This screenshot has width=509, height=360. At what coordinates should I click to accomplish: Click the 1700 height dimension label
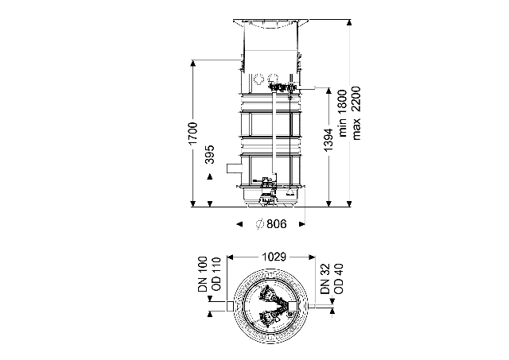pyautogui.click(x=192, y=134)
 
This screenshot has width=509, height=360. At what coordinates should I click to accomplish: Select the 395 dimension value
pyautogui.click(x=210, y=154)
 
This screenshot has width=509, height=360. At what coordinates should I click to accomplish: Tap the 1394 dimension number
pyautogui.click(x=328, y=140)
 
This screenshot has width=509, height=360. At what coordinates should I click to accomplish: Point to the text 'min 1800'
pyautogui.click(x=343, y=113)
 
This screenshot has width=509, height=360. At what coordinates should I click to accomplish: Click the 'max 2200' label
pyautogui.click(x=356, y=113)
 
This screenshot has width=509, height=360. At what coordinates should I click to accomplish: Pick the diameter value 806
pyautogui.click(x=277, y=224)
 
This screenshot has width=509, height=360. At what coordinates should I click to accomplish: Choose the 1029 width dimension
pyautogui.click(x=274, y=257)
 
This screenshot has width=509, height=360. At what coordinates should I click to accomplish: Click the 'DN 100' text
pyautogui.click(x=203, y=274)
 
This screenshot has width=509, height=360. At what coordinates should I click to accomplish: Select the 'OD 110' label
pyautogui.click(x=216, y=274)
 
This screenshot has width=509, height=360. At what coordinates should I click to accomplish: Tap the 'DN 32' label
pyautogui.click(x=325, y=279)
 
